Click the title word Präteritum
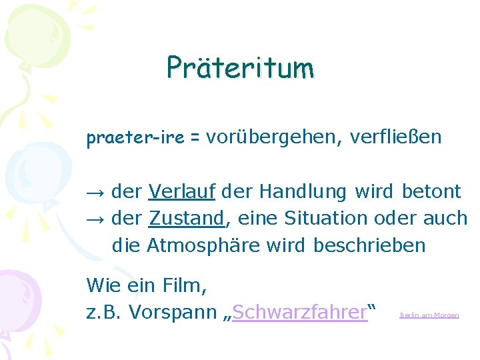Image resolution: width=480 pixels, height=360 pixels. (240, 67)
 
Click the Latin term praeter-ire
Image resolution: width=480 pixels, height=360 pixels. (135, 138)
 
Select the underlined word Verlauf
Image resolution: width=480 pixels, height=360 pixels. (182, 192)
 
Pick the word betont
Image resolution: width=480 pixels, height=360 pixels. (431, 192)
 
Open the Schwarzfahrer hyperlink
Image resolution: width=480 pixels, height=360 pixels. (301, 312)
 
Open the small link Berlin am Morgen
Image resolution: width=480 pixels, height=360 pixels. (429, 315)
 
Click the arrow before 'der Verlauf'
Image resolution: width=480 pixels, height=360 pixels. (96, 192)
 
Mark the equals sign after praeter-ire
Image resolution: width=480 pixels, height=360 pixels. (195, 139)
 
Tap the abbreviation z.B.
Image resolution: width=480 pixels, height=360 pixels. (105, 312)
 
